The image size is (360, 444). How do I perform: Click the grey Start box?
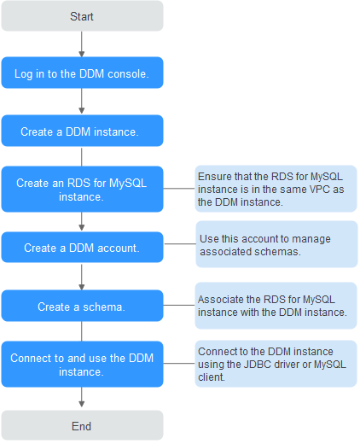click(82, 16)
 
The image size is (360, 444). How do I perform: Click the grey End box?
click(82, 425)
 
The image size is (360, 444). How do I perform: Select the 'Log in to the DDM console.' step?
click(82, 73)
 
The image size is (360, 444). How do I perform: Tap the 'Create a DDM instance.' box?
click(82, 131)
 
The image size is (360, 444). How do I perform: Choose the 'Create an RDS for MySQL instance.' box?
click(82, 189)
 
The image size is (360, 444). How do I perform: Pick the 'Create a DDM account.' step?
click(82, 247)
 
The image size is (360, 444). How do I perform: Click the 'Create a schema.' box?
click(82, 306)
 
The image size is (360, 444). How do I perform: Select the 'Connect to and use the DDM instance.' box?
click(82, 364)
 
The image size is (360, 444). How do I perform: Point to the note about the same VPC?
click(276, 189)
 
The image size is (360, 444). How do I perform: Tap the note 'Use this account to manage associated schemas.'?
click(276, 244)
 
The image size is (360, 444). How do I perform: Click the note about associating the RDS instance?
click(276, 306)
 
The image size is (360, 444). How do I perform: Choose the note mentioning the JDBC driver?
click(276, 364)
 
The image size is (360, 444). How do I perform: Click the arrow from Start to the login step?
click(82, 44)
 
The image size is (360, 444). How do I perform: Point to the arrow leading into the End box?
click(82, 397)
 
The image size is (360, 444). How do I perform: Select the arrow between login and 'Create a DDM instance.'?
click(82, 101)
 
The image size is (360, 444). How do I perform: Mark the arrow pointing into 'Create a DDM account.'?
click(82, 221)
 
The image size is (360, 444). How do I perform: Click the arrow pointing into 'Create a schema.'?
click(82, 277)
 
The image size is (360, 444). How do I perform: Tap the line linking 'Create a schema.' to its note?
click(179, 305)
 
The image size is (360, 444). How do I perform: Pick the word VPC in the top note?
click(319, 190)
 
